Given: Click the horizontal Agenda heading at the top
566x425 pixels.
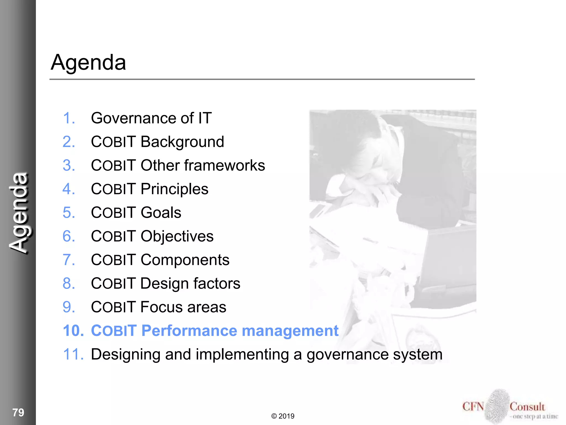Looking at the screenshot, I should tap(88, 63).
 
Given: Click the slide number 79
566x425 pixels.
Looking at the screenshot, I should tap(18, 412).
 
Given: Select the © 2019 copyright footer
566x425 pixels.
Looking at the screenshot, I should tap(283, 416).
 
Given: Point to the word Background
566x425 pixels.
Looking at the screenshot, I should tap(182, 142).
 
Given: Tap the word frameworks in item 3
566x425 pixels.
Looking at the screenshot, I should tap(224, 165).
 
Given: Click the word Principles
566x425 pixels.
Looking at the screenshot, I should tap(174, 189).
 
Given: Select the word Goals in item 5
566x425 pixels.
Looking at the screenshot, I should tap(161, 212).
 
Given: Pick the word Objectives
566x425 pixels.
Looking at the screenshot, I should tap(177, 236).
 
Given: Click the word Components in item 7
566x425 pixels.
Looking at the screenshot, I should tap(185, 260).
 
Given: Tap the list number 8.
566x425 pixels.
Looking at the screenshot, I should tap(69, 283).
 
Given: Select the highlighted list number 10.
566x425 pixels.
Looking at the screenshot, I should tap(73, 331).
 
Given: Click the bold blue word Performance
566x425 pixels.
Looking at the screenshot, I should tap(189, 331).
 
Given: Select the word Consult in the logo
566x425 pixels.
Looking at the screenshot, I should tap(527, 407).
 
